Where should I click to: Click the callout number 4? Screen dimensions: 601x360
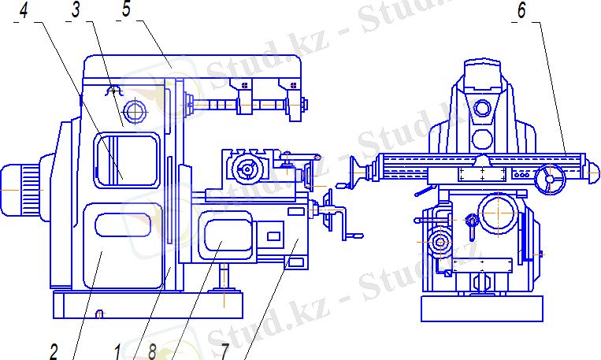24,11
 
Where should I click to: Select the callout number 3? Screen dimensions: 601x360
76,10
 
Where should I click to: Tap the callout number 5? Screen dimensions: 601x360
126,9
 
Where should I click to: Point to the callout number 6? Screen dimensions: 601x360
521,11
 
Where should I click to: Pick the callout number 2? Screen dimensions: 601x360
54,351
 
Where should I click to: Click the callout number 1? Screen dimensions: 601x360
117,351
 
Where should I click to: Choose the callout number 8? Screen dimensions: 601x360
152,351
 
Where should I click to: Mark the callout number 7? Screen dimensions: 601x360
224,351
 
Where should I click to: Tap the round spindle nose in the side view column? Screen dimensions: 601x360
135,112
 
